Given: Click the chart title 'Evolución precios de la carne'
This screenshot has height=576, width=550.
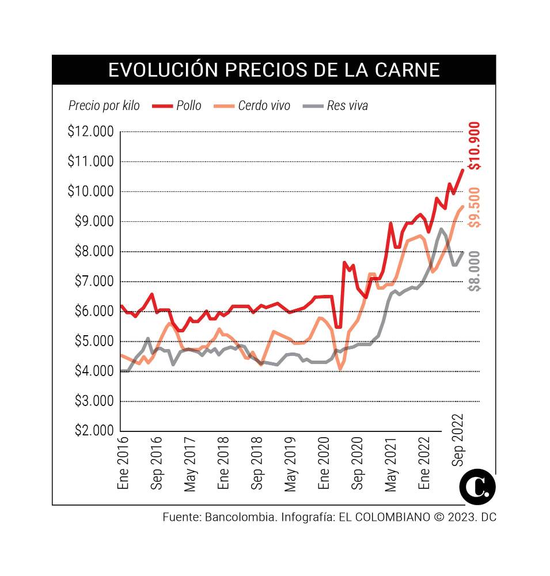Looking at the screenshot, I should click(274, 70).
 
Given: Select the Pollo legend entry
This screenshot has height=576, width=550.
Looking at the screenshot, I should click(177, 105).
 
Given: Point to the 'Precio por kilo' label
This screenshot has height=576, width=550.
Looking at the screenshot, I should click(104, 105).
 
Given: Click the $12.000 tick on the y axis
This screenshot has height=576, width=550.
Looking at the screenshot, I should click(90, 132).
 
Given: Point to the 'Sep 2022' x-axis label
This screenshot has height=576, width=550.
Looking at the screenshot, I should click(458, 441).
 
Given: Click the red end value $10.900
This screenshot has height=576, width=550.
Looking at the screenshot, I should click(475, 146).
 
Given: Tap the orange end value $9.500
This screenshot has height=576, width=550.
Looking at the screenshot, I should click(475, 207).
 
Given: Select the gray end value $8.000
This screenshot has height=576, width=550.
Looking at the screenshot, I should click(475, 271).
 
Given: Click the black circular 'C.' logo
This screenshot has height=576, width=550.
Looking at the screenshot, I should click(477, 487).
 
